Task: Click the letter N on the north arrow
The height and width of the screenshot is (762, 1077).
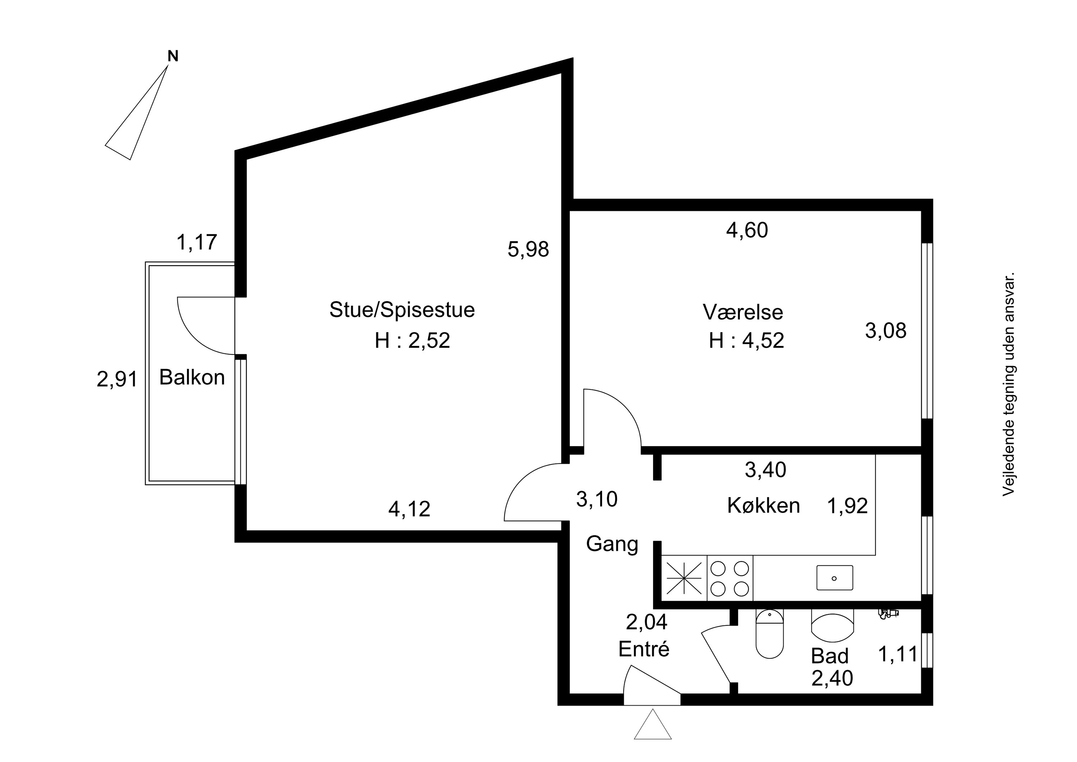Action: pos(173,56)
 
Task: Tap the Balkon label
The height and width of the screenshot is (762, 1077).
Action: pos(192,377)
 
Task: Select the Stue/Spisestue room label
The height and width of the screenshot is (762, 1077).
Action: pos(402,310)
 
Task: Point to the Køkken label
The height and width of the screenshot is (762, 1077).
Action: pos(764,505)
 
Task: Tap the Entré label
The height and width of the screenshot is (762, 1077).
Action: pos(644,648)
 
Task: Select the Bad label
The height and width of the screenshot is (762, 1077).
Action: pos(830,656)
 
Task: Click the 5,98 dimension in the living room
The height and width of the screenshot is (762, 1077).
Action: pos(528,249)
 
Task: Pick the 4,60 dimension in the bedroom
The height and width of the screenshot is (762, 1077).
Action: pos(747,230)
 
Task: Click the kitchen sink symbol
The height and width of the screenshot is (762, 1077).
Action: pos(834,577)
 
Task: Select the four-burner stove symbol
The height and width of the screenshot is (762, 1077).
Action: pos(729,578)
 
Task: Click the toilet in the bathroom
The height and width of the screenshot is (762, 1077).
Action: pos(770,633)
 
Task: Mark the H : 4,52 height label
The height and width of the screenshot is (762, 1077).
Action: pos(746,340)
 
